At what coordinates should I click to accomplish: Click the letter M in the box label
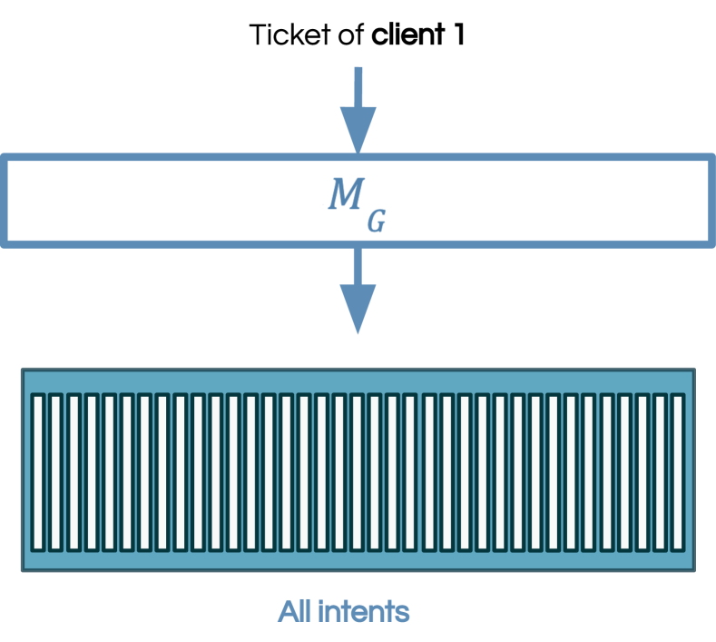tap(343, 193)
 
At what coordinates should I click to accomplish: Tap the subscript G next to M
tap(376, 219)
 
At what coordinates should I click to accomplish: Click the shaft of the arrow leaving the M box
tap(358, 265)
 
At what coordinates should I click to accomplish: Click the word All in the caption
tap(295, 611)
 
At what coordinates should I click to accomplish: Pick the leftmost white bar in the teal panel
tap(38, 472)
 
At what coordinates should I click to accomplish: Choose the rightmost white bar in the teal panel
tap(677, 472)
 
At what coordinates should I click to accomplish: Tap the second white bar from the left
tap(56, 472)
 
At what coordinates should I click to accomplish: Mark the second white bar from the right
tap(660, 472)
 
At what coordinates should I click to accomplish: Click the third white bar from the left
tap(74, 472)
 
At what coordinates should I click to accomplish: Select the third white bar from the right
tap(642, 472)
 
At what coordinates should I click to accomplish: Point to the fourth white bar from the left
tap(92, 472)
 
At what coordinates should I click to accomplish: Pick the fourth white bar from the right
tap(624, 472)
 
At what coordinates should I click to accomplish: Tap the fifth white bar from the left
tap(109, 472)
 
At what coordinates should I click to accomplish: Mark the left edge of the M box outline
tap(5, 201)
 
